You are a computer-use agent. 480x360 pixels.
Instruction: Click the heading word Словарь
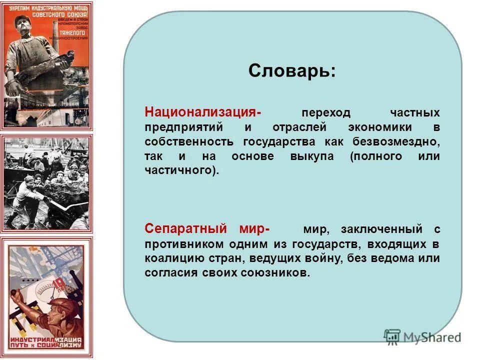292,71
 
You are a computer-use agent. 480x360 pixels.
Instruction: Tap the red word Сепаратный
182,229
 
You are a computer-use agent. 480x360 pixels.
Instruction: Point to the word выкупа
312,156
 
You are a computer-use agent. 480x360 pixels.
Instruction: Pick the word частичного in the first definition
181,170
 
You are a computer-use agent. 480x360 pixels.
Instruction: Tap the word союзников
277,273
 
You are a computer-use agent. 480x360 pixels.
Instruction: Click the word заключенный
380,229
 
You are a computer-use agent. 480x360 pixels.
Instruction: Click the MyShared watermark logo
422,336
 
